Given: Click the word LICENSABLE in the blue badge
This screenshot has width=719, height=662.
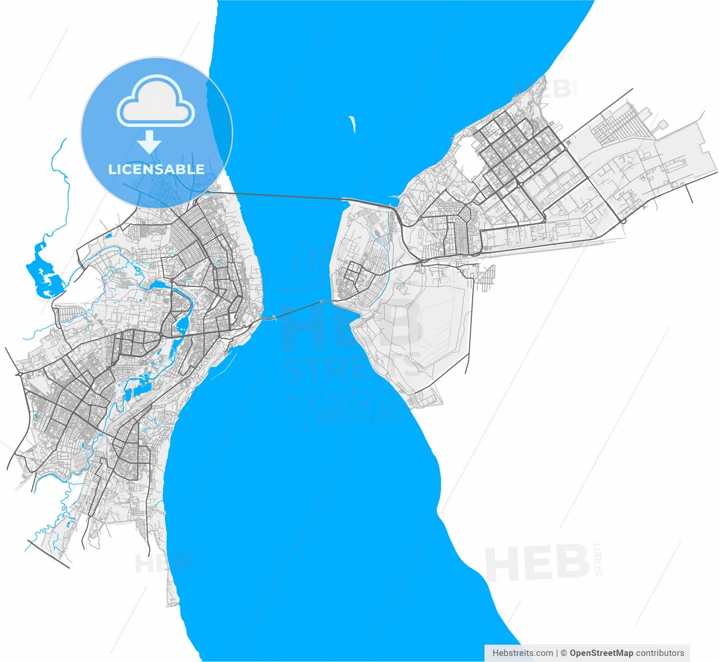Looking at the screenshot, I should pos(156,169).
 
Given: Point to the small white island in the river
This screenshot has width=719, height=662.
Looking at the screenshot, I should pos(353,124).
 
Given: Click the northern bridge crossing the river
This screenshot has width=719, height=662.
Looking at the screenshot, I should pos(286,196).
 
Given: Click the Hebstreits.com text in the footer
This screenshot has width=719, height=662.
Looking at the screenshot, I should pos(522,653).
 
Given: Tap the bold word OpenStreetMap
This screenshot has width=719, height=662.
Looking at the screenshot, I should pos(601,653).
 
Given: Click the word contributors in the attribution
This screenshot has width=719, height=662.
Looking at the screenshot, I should pos(660,653).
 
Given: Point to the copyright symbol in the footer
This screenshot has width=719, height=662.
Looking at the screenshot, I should pos(564,653).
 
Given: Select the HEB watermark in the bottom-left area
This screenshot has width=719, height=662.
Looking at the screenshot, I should pos(163,562).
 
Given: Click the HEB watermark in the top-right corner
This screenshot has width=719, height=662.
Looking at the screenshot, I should pos(544,89).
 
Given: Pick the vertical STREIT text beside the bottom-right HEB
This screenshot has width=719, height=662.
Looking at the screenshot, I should pos(597,559).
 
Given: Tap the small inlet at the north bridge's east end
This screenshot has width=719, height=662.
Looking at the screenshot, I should pos(394,201).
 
